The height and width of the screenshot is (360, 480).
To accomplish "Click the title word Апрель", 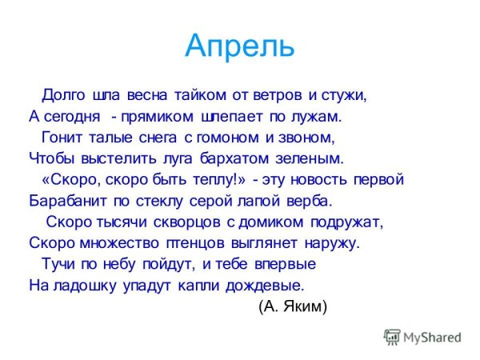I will pos(239,47).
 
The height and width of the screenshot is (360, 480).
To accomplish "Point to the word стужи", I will pos(345,95).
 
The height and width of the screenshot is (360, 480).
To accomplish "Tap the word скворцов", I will pos(192,221).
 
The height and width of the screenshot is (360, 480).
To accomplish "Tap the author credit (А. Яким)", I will pos(293,306).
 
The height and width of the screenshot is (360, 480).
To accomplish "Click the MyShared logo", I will pos(422,338).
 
